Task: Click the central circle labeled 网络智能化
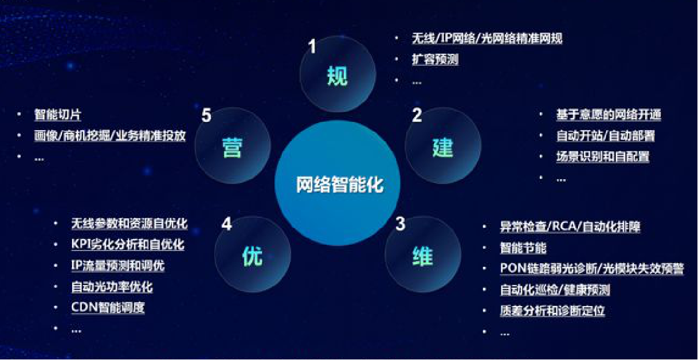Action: tap(337, 183)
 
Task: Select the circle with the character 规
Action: tap(338, 74)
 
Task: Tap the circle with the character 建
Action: tap(443, 146)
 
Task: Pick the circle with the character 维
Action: tap(423, 255)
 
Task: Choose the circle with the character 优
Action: tap(252, 255)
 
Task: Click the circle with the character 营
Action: tap(233, 146)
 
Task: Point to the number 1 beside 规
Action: tap(312, 46)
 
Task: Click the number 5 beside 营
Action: tap(206, 115)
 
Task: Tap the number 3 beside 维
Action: tap(401, 224)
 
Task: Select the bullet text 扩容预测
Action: tap(435, 59)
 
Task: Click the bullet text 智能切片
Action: tap(58, 115)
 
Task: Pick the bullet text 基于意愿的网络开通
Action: tap(609, 115)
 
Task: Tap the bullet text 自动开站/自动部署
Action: tap(606, 136)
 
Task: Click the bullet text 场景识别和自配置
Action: tap(603, 156)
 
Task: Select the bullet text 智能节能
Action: tap(523, 248)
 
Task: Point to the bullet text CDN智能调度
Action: tap(108, 307)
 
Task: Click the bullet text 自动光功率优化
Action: tap(112, 287)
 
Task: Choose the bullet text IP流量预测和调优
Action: tap(118, 265)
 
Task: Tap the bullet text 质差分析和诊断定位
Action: tap(552, 311)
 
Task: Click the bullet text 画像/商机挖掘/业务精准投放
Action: tap(110, 136)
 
